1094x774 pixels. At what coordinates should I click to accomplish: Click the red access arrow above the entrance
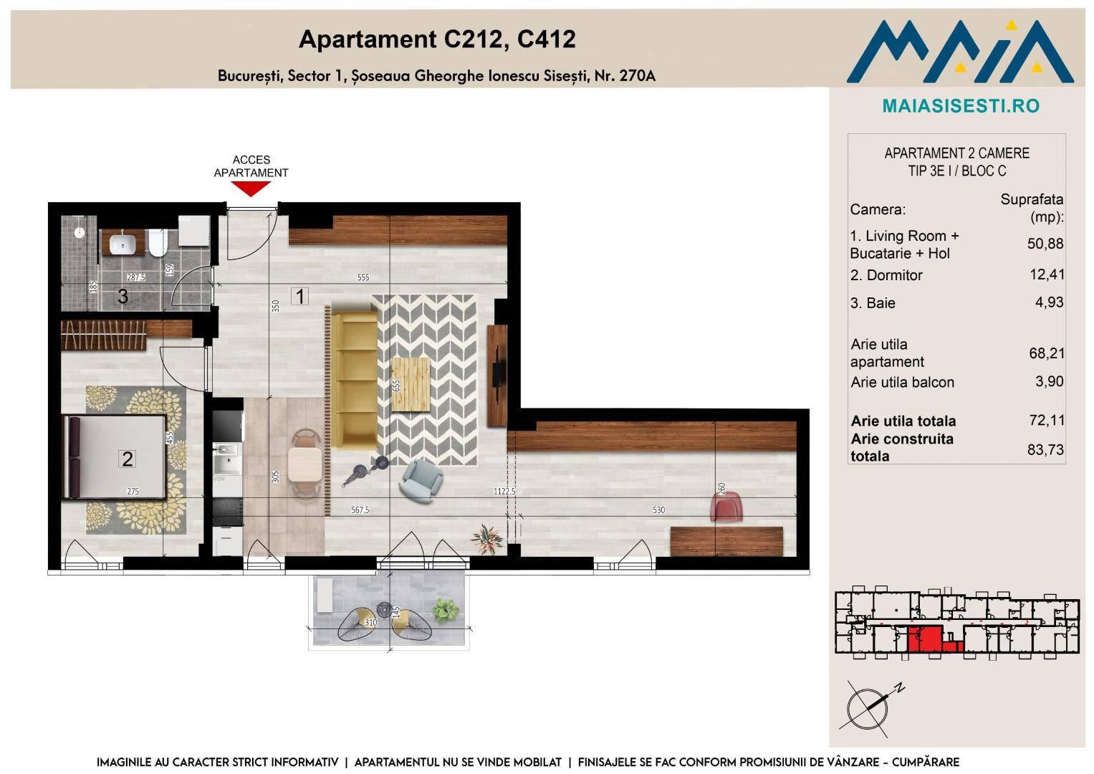tap(251, 188)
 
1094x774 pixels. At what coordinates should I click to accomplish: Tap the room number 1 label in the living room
tap(300, 296)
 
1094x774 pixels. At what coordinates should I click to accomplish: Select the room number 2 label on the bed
tap(128, 459)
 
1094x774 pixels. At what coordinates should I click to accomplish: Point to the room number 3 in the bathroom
tap(123, 296)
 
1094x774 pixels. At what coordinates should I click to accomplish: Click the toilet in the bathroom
tap(158, 242)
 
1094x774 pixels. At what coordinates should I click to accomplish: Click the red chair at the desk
tap(726, 507)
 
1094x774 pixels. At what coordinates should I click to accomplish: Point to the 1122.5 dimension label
tap(504, 492)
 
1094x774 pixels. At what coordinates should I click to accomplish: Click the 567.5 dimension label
tap(360, 510)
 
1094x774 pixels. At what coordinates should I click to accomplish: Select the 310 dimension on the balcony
tap(371, 622)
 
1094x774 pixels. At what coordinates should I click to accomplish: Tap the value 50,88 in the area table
tap(1045, 244)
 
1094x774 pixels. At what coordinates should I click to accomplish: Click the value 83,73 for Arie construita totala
tap(1045, 449)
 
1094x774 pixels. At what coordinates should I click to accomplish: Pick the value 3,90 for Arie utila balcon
tap(1049, 381)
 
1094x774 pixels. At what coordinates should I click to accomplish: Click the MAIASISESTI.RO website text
tap(961, 106)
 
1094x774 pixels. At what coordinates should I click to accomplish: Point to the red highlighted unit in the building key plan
tap(924, 639)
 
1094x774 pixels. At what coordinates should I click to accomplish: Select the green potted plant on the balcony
tap(446, 611)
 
